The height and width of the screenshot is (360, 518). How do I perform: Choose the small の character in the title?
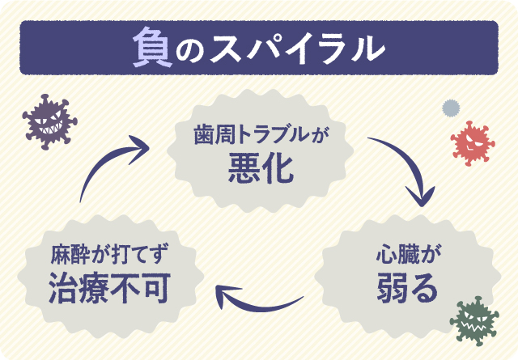point(191,50)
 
